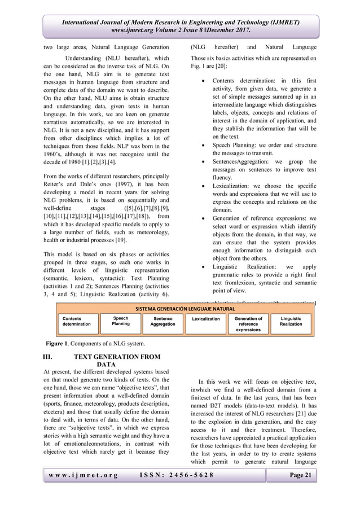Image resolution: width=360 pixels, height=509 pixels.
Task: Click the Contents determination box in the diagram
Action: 76,321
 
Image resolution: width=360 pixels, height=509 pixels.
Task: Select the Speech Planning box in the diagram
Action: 120,321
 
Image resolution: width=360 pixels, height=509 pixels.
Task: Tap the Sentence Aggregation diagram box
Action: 163,321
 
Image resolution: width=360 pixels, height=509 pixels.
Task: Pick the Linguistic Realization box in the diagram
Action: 291,321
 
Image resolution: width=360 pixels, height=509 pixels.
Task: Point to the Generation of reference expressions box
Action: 248,323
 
